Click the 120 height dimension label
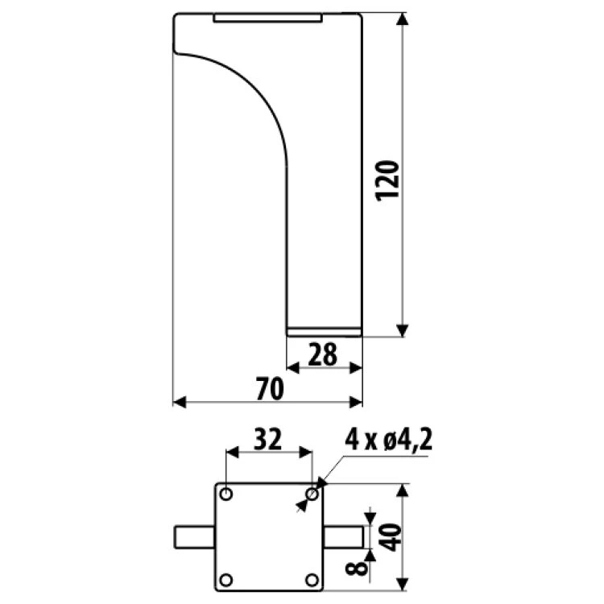pos(387,180)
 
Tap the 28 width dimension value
pos(322,354)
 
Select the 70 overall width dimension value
pos(270,389)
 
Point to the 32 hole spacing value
pos(268,439)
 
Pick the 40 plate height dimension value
pos(390,537)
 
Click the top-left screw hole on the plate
pos(226,494)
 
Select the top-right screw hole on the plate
pos(312,494)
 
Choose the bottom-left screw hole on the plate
pos(226,580)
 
